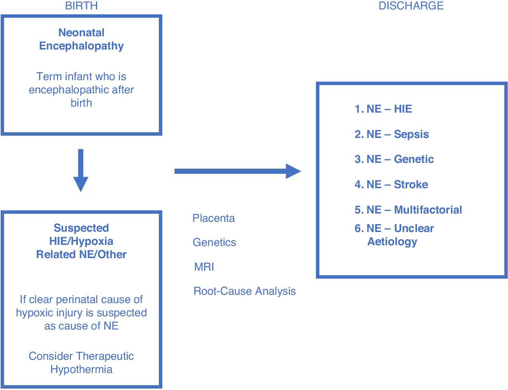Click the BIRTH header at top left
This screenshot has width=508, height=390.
click(81, 6)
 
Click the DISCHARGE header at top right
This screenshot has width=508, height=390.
click(411, 6)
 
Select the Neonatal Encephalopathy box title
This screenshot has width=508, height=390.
click(81, 39)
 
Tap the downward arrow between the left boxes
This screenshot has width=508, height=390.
click(80, 170)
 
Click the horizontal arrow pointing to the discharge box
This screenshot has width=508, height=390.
click(237, 171)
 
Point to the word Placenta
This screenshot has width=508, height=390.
click(213, 218)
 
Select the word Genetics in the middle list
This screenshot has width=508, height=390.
click(214, 242)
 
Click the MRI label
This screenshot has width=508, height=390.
click(204, 267)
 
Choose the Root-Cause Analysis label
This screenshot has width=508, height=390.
click(244, 291)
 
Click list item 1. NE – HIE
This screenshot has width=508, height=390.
click(383, 109)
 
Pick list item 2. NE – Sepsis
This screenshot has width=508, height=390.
click(391, 134)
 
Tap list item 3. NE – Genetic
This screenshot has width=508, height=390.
click(394, 159)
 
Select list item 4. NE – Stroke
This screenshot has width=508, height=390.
click(391, 184)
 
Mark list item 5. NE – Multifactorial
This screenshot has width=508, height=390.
click(408, 210)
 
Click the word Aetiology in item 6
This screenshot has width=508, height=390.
click(392, 241)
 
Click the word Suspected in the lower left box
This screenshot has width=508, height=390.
click(81, 228)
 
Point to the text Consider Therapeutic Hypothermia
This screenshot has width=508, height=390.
click(81, 362)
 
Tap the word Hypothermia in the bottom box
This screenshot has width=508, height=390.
click(81, 369)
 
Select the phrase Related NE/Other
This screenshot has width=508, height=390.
click(81, 254)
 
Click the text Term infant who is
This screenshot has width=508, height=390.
click(81, 76)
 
